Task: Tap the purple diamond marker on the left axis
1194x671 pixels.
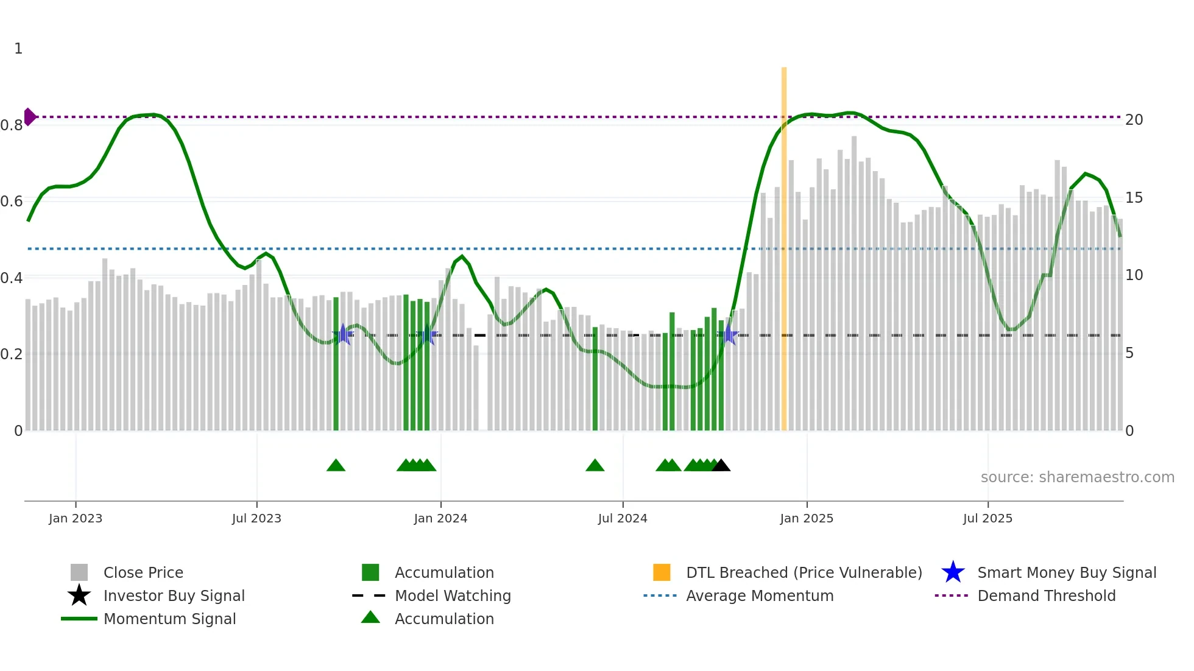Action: click(29, 116)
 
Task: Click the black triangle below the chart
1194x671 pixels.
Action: click(721, 466)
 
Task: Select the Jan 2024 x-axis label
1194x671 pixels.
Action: click(440, 518)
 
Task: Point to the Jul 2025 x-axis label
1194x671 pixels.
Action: click(987, 518)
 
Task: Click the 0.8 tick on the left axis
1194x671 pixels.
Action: click(12, 125)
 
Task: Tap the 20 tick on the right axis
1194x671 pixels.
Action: click(1134, 120)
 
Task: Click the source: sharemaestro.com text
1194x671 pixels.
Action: click(1077, 477)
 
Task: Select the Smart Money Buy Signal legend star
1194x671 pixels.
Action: click(953, 572)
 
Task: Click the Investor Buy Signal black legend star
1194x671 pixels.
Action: click(79, 595)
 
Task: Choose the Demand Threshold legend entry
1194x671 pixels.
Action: click(1046, 595)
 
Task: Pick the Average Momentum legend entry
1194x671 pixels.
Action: click(759, 595)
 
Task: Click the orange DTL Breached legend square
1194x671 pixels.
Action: click(662, 572)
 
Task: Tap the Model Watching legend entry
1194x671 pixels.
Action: click(452, 595)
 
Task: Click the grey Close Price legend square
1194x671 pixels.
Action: click(79, 572)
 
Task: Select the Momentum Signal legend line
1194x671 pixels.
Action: click(79, 619)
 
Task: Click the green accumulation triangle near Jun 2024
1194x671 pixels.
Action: click(595, 466)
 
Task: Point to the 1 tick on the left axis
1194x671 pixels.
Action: click(18, 49)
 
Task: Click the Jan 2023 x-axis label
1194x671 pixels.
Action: click(76, 518)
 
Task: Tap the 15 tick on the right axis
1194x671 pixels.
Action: click(1134, 198)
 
